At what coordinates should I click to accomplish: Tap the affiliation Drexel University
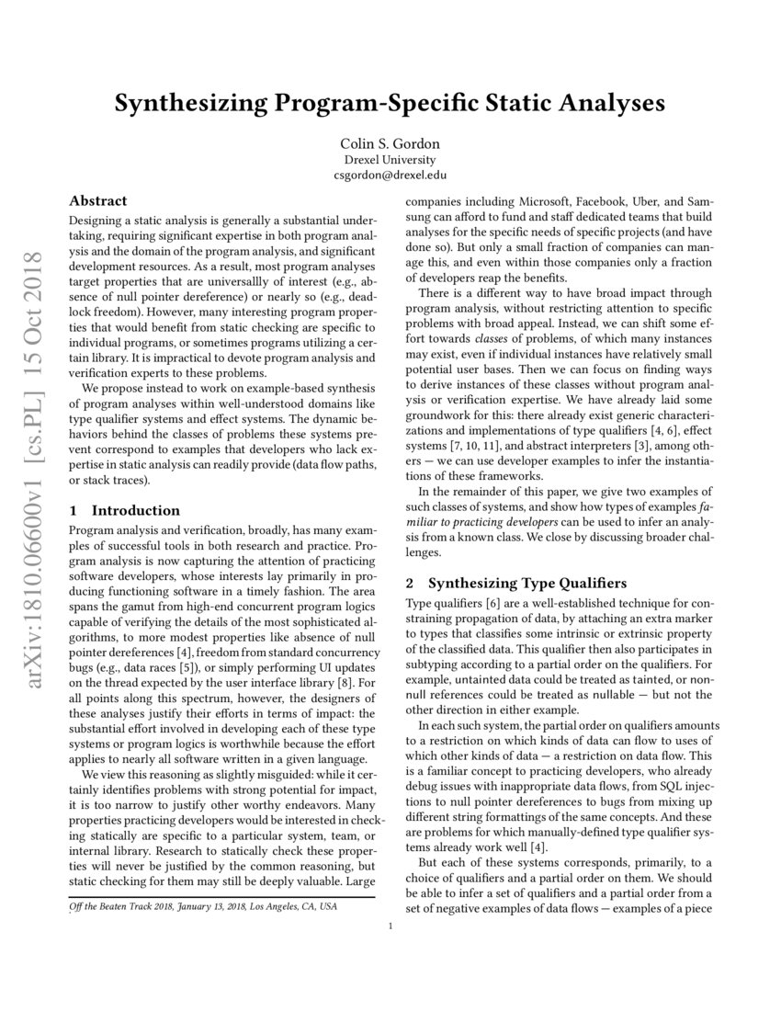point(390,159)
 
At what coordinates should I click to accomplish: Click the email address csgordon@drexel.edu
point(390,175)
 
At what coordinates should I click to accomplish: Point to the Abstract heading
point(98,200)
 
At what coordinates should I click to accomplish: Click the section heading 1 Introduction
point(125,510)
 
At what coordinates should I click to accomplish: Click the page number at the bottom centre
point(390,926)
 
